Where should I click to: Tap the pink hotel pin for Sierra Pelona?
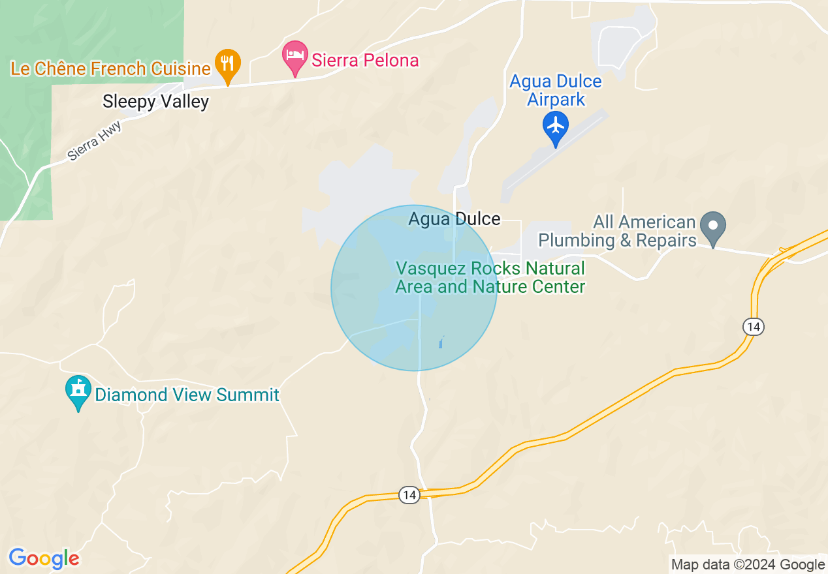click(295, 57)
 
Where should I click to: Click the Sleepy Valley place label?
click(155, 102)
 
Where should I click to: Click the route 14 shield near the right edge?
click(754, 327)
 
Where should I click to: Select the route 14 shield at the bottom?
click(409, 495)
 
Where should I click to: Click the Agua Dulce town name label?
click(454, 219)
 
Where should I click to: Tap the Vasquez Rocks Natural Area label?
click(490, 278)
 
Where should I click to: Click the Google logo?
click(44, 559)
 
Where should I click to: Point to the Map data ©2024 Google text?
click(748, 565)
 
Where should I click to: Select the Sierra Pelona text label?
click(365, 61)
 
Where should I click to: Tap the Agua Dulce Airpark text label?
click(556, 91)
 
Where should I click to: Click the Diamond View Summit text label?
click(187, 395)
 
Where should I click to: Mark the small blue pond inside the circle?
click(442, 342)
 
